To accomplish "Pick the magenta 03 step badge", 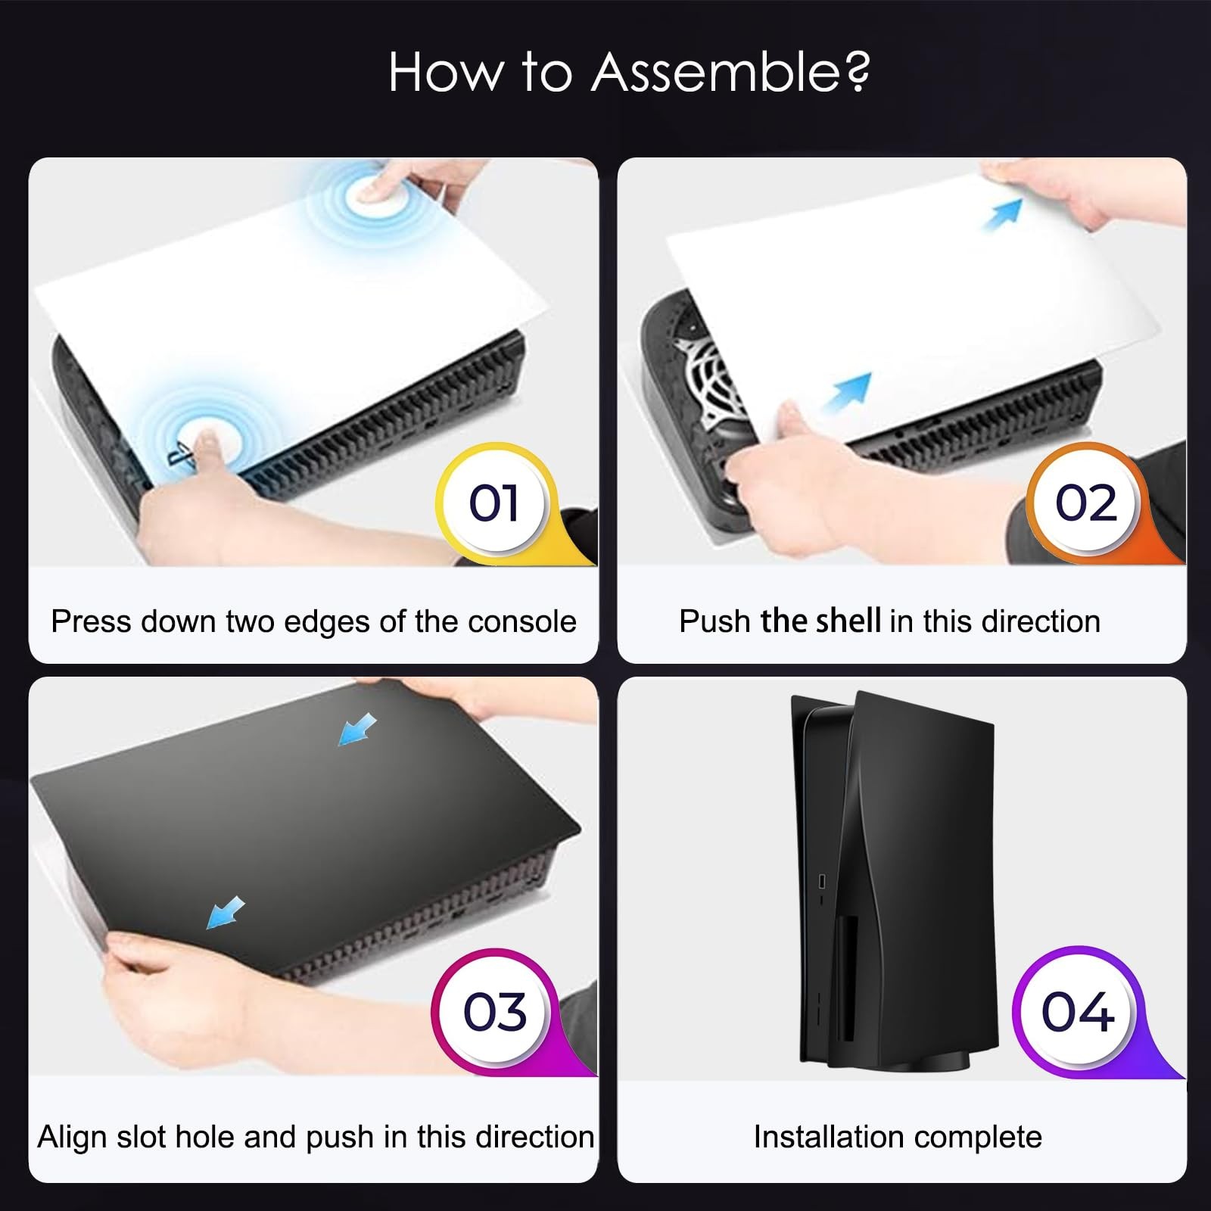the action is [x=495, y=1011].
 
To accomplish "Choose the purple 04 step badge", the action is [x=1078, y=1011].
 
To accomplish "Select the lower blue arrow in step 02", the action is [x=847, y=394].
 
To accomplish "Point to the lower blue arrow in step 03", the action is [x=226, y=913].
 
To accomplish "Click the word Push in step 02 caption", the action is [x=714, y=622].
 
